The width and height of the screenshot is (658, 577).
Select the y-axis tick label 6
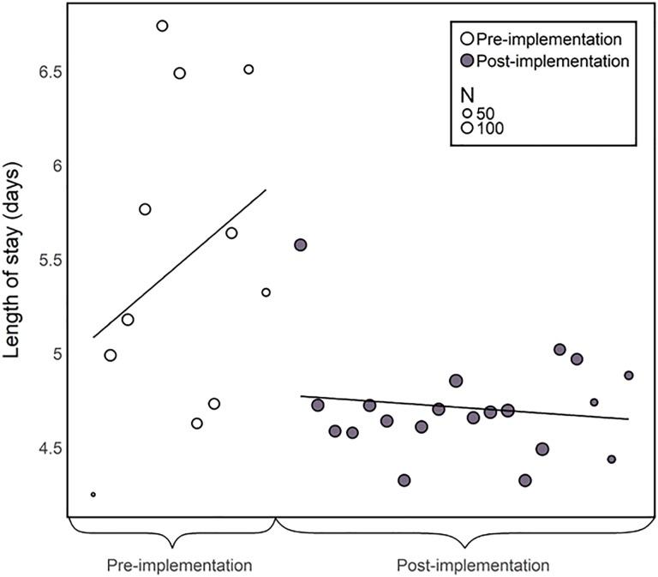pos(58,165)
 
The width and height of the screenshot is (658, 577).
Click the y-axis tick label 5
pos(58,354)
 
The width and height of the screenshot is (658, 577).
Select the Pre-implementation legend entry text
pos(548,39)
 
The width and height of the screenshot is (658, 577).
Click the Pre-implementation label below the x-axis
pos(179,566)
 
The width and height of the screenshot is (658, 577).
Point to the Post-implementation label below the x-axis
pos(473,566)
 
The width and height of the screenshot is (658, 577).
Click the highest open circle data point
pos(162,26)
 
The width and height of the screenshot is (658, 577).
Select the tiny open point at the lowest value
pos(93,495)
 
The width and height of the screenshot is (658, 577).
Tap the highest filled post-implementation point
pos(300,244)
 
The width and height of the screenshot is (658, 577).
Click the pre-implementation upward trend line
pos(180,263)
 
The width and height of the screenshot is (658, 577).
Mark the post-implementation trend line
pos(471,407)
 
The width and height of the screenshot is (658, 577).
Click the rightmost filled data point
pos(628,376)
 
